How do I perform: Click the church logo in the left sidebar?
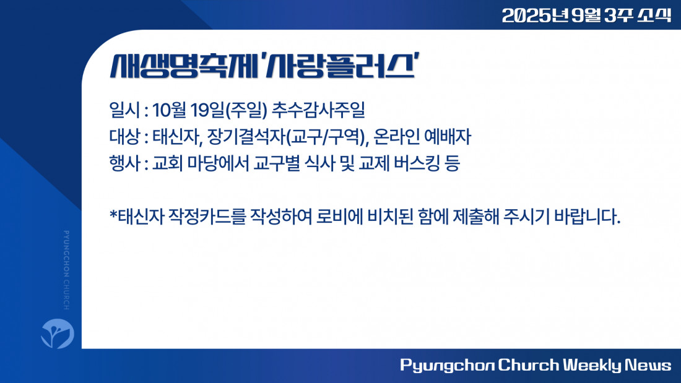pos(58,333)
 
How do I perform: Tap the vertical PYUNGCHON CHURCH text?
pos(66,270)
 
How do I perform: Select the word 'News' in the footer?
pos(648,365)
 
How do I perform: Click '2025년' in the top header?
pos(535,15)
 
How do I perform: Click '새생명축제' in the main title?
pos(184,66)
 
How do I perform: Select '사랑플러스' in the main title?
pos(340,66)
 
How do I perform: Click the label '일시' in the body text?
pos(124,110)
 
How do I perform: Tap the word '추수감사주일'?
pos(318,110)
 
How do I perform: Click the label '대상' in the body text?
pos(124,137)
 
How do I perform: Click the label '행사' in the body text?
pos(124,164)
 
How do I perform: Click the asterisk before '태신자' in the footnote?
pos(113,214)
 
